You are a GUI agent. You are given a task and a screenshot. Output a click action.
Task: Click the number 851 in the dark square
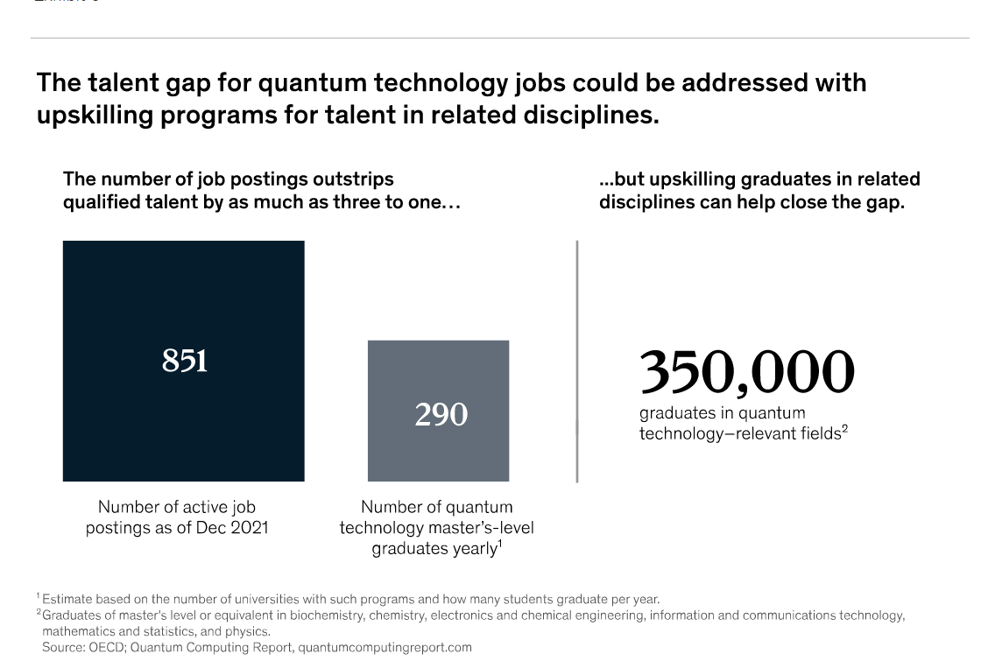coord(184,360)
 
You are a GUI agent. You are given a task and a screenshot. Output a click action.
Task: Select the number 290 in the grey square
coord(441,413)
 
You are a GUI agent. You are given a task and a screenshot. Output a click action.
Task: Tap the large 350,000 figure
coord(746,371)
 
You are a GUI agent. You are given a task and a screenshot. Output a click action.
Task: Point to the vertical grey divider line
coord(577,361)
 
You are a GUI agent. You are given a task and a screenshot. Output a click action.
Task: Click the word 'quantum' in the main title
coord(312,82)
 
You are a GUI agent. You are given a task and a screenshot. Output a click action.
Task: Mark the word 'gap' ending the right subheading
coord(886,203)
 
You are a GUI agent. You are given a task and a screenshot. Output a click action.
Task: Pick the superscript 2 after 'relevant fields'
coord(844,428)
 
